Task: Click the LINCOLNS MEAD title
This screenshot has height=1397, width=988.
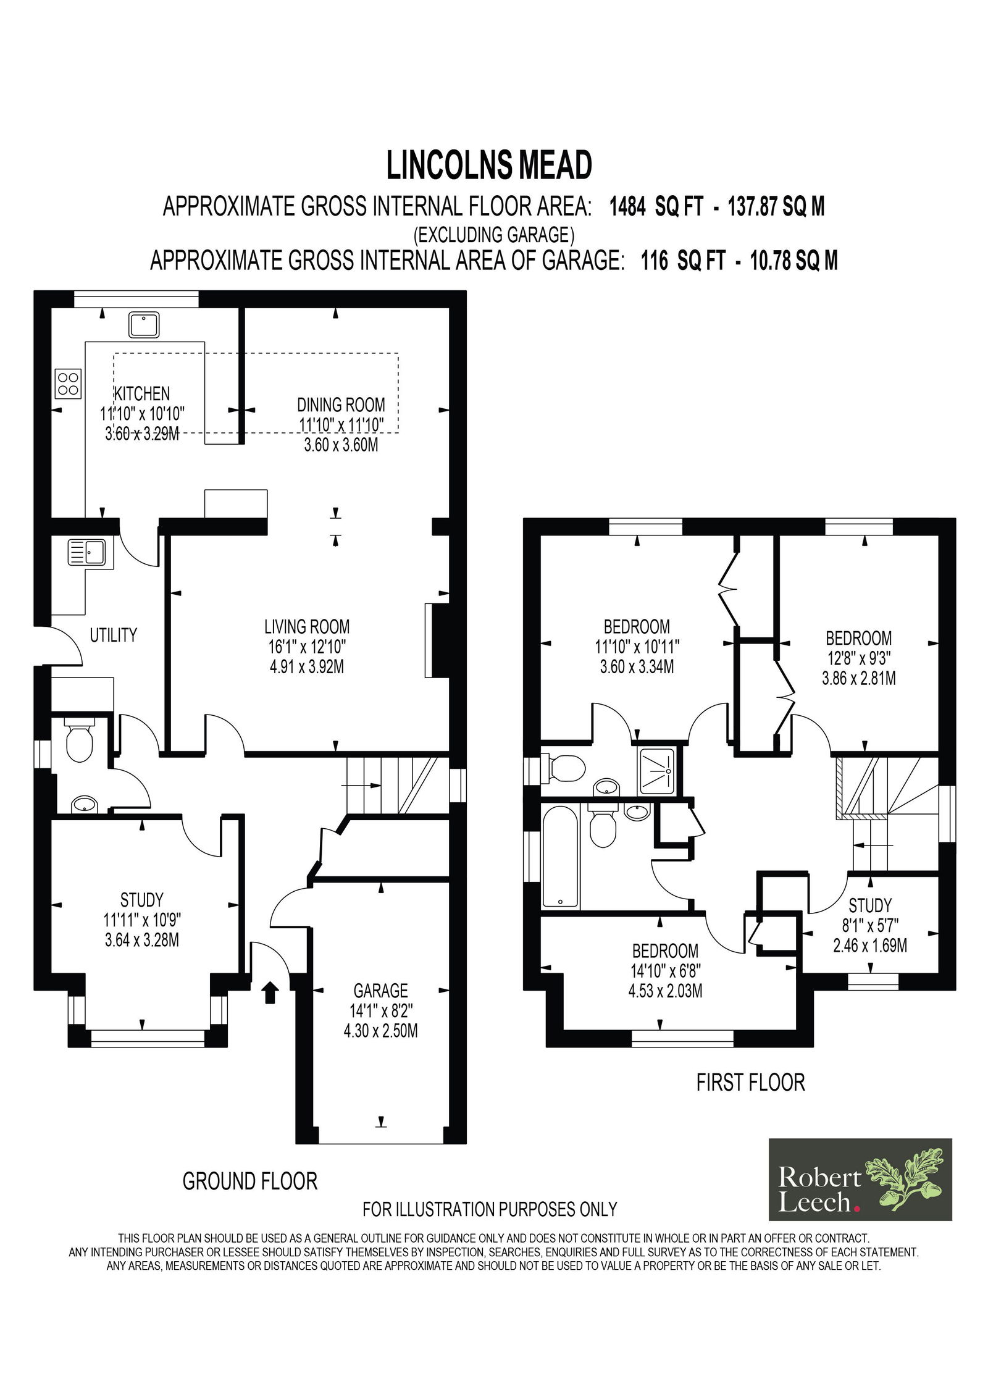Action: click(489, 166)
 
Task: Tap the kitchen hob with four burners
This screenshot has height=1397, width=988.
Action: click(69, 383)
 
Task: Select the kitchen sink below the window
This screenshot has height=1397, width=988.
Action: click(144, 325)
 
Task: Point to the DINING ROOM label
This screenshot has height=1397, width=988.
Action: click(341, 405)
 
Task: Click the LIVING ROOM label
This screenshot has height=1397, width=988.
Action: click(307, 627)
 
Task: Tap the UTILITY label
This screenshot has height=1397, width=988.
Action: click(114, 635)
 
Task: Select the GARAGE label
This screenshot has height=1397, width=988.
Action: click(380, 991)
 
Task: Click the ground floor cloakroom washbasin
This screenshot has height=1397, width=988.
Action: click(84, 805)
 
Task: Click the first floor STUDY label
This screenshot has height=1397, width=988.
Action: click(870, 906)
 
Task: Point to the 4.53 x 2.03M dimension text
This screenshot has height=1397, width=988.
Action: click(665, 991)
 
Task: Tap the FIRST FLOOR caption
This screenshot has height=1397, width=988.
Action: click(751, 1083)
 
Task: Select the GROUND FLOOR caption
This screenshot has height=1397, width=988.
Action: click(250, 1181)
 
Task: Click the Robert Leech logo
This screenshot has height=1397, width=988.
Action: click(860, 1180)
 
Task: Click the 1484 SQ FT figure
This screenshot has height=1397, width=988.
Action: click(656, 207)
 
